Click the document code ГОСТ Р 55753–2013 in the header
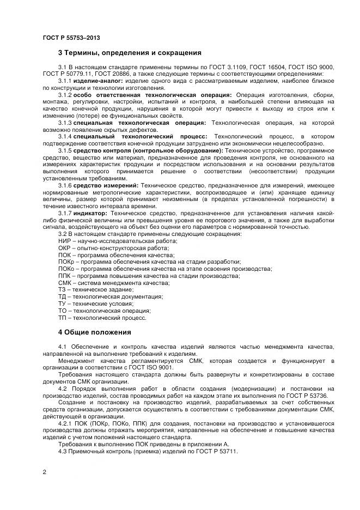(71, 38)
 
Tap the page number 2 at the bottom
(44, 472)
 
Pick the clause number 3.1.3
(65, 123)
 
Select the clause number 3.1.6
(65, 186)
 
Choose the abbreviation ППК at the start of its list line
(65, 276)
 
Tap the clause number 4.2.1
(66, 423)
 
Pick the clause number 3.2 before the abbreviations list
(63, 234)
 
